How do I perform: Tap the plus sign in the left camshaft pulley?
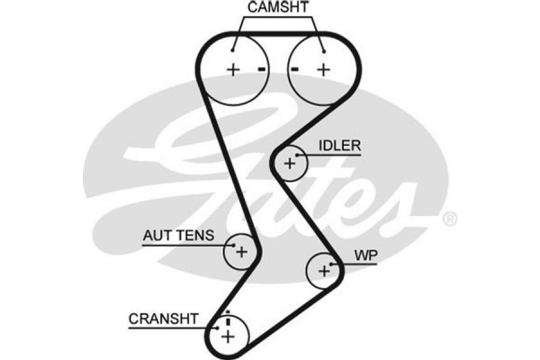click(x=231, y=70)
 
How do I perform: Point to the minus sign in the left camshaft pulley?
click(x=261, y=69)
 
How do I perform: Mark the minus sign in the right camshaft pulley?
click(x=294, y=69)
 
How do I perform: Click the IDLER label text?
click(x=339, y=146)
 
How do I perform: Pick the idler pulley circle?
click(x=291, y=163)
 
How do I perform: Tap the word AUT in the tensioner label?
click(x=157, y=236)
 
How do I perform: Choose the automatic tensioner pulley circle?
click(x=241, y=252)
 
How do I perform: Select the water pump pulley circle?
click(x=323, y=269)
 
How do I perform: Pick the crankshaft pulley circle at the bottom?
click(x=228, y=335)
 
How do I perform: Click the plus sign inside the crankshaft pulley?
click(x=228, y=336)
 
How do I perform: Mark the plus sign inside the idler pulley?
click(x=290, y=164)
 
